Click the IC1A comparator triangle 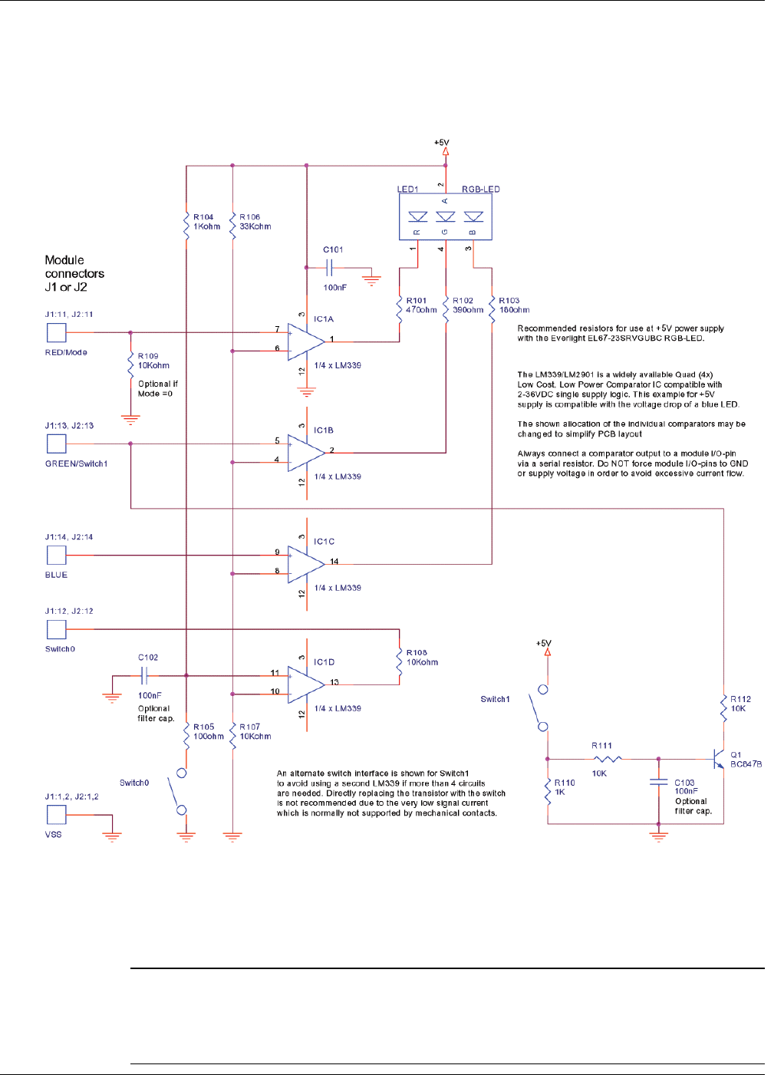tap(306, 342)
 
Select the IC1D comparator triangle tap(306, 684)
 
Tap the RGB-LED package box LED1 tap(445, 216)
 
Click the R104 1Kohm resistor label tap(206, 222)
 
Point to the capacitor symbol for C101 tap(328, 268)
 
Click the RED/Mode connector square tap(57, 332)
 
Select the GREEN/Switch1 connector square tap(57, 444)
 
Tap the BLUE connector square tap(57, 555)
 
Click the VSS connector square tap(57, 814)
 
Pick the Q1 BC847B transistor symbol tap(719, 759)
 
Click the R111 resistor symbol tap(608, 759)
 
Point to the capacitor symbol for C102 tap(143, 675)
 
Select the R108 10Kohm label tap(422, 658)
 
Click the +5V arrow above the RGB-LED tap(445, 152)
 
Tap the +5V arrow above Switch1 tap(547, 652)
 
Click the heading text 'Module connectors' tap(74, 267)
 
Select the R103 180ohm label tap(514, 305)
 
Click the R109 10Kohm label tap(153, 361)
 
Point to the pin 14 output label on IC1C tap(334, 562)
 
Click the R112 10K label tap(740, 704)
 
